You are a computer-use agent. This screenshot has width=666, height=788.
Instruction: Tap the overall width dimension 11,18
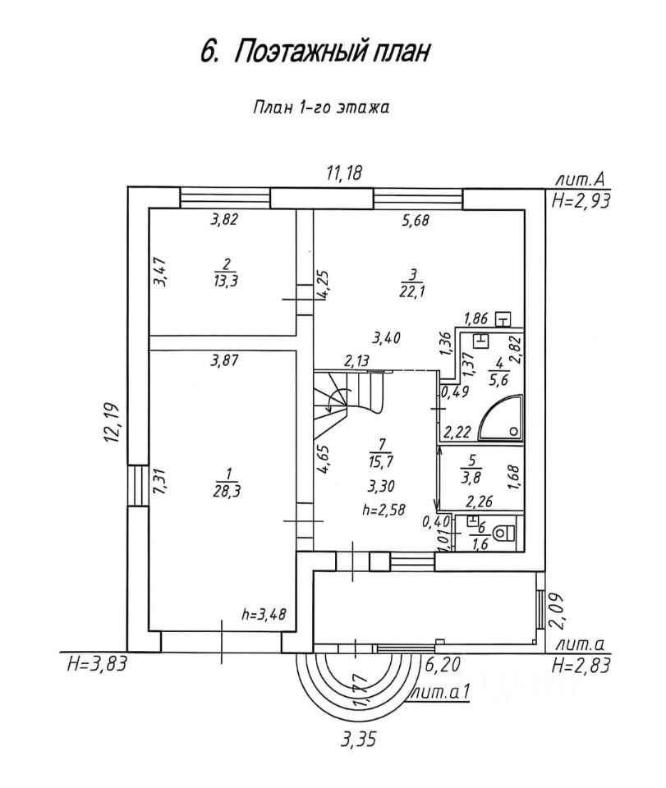point(345,173)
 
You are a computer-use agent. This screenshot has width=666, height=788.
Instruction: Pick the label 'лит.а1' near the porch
point(443,692)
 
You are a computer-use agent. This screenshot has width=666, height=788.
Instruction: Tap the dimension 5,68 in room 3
point(416,219)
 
